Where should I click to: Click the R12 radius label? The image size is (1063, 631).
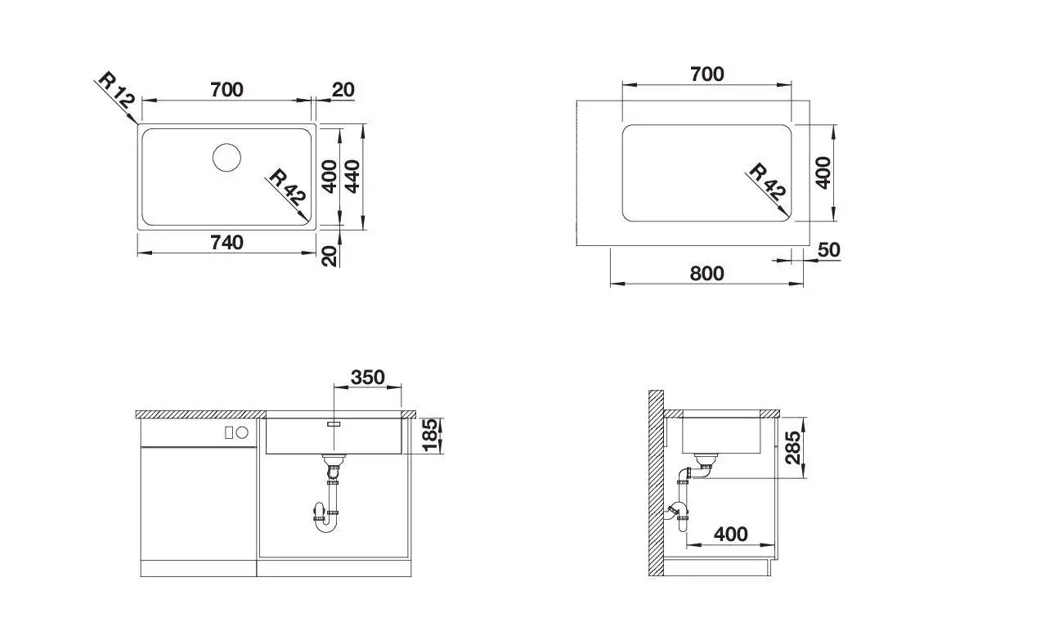pos(114,92)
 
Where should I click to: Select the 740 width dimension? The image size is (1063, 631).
pos(227,243)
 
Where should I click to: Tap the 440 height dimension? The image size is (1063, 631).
pos(352,175)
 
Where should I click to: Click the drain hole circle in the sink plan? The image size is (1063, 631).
pos(227,157)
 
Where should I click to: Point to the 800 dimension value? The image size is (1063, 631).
pos(706,273)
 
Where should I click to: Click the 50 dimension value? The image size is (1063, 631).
pos(828,250)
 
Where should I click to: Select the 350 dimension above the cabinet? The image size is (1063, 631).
pos(368,378)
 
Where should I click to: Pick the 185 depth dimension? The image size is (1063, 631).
pos(430,436)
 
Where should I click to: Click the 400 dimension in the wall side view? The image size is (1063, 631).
pos(730,534)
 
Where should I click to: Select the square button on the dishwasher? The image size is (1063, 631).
pos(230,431)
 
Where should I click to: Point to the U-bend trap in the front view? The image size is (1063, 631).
pos(325,523)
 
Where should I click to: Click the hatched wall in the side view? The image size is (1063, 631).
pos(655,482)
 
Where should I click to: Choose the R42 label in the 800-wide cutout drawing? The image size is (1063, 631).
pos(766,181)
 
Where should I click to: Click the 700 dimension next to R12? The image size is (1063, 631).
pos(227,89)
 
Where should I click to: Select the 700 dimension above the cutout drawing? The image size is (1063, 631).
pos(706,74)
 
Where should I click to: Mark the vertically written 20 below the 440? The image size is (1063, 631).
pos(330,255)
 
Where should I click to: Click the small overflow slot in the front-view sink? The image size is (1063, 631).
pos(334,424)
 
